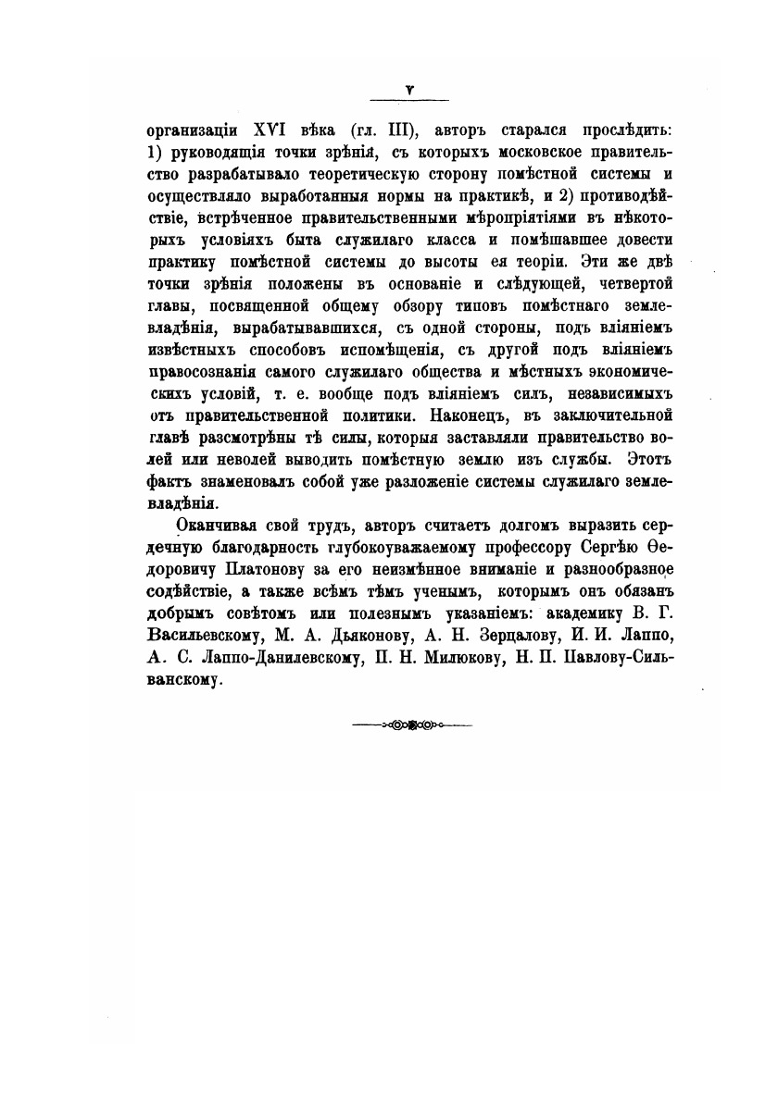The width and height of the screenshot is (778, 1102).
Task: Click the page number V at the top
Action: pos(408,90)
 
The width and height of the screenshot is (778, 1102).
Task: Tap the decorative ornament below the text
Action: pos(412,724)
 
